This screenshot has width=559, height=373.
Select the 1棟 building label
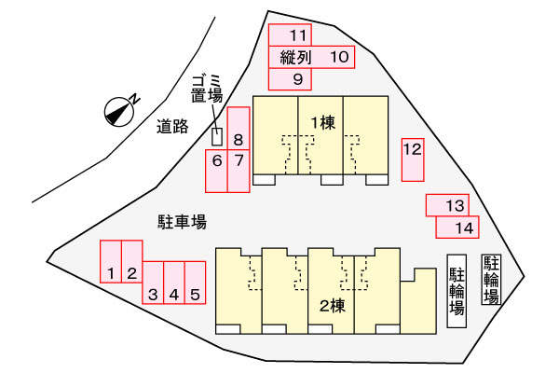click(x=322, y=122)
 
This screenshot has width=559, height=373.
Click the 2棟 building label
click(x=332, y=305)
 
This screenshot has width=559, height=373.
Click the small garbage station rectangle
click(x=217, y=136)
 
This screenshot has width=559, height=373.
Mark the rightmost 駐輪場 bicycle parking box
click(x=491, y=280)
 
